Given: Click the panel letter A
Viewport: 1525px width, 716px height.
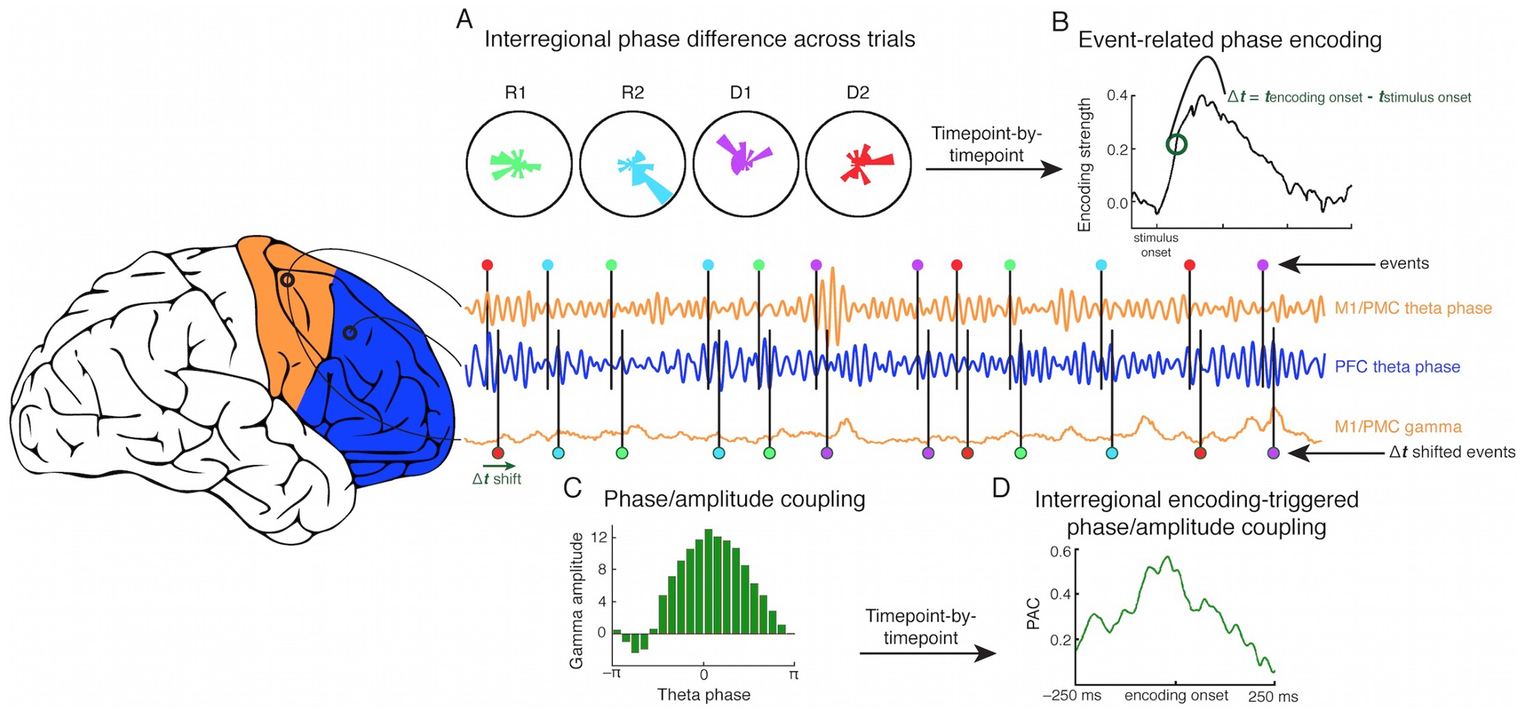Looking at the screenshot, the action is point(464,18).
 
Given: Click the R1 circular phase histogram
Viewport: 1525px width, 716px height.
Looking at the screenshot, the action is point(518,164).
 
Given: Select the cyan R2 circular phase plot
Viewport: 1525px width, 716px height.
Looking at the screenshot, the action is point(632,164).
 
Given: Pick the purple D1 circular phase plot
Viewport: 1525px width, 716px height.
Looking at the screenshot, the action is point(745,164).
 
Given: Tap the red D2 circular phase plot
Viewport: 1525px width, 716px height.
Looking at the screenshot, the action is point(858,164).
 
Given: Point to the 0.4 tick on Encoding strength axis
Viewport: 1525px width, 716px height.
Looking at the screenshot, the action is point(1117,96).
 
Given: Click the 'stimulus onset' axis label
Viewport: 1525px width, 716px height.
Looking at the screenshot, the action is point(1155,245).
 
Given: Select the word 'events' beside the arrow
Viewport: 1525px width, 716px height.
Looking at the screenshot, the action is point(1404,264).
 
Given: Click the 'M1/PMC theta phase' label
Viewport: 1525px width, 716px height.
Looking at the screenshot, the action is point(1412,308).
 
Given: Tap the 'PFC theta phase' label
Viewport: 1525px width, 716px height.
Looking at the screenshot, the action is point(1396,367).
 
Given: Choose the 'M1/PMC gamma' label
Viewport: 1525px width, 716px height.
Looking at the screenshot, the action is point(1397,427).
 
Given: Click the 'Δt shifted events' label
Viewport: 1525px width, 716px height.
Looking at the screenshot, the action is point(1452,452).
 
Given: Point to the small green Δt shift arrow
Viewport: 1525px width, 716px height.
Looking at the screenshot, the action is point(499,466).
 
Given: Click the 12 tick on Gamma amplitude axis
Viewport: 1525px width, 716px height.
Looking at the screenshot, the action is point(598,538).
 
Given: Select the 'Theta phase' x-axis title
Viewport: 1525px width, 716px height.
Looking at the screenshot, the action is point(704,695).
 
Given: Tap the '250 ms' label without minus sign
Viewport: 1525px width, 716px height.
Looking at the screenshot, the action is point(1273,696).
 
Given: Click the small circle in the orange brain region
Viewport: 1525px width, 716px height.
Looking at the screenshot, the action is point(288,280).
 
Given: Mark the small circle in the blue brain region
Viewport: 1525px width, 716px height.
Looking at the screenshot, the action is point(349,333).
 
